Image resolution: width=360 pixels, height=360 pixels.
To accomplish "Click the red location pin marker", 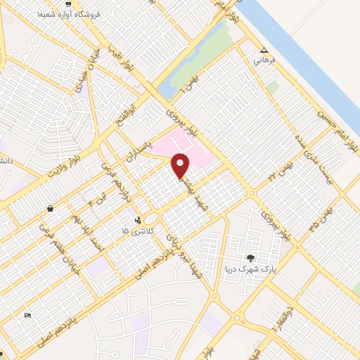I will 181,165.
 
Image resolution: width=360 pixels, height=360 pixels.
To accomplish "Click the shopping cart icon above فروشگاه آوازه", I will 67,4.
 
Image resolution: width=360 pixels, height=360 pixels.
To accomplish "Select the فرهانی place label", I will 265,60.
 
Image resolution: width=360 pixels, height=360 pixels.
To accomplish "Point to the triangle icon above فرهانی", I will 264,51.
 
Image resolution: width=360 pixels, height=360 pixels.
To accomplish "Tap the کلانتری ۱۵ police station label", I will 134,231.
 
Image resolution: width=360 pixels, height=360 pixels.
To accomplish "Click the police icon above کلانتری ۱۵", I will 138,220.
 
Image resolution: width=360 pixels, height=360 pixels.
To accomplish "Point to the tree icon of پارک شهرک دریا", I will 251,258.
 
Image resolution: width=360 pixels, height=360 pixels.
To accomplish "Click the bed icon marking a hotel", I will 27,315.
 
